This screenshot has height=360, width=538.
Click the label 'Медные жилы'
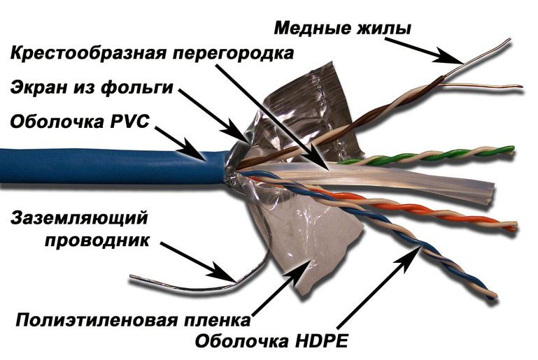pos(342,29)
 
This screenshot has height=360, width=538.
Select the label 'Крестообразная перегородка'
pos(153,54)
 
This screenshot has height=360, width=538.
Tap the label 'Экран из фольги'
pos(92,88)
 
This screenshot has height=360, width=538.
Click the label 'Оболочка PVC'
pos(80,122)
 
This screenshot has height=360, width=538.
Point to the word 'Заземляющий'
pos(79,218)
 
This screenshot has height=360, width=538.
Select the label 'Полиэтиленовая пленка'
pos(133,320)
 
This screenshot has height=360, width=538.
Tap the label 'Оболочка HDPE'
pos(271,340)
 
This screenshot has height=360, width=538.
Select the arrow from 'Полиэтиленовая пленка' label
pos(282,287)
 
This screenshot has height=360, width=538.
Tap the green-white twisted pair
pos(425,156)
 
